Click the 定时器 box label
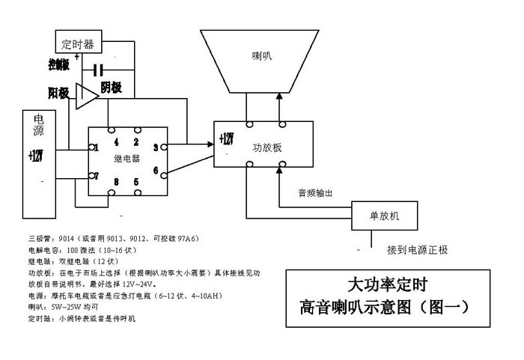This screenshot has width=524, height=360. pyautogui.click(x=79, y=44)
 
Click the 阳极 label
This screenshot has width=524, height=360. pyautogui.click(x=59, y=93)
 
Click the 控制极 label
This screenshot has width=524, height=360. pyautogui.click(x=58, y=64)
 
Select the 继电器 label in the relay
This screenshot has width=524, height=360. pyautogui.click(x=125, y=159)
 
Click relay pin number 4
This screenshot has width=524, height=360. pyautogui.click(x=116, y=141)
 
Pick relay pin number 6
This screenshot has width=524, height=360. pyautogui.click(x=155, y=171)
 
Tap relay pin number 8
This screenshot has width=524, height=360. pyautogui.click(x=116, y=182)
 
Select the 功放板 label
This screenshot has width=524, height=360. pyautogui.click(x=267, y=148)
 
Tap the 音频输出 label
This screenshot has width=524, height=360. pyautogui.click(x=315, y=193)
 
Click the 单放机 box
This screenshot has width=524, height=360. pyautogui.click(x=385, y=216)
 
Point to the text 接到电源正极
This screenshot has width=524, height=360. pyautogui.click(x=418, y=249)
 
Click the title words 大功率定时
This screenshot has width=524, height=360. pyautogui.click(x=388, y=284)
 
